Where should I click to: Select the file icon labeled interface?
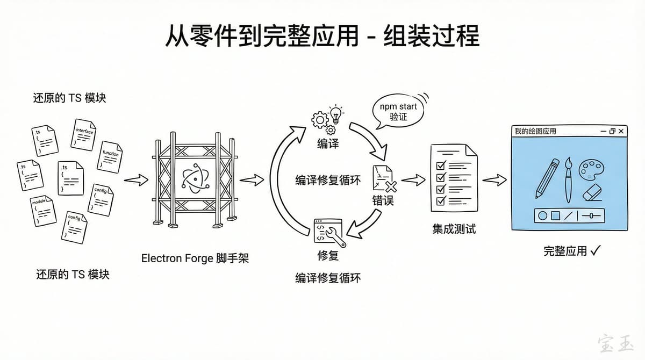[85, 134]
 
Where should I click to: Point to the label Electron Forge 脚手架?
[195, 258]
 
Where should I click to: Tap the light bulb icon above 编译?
[336, 114]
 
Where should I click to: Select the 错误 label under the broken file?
[383, 201]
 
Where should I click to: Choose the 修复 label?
[328, 255]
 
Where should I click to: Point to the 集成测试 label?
[454, 229]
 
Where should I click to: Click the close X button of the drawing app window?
[621, 131]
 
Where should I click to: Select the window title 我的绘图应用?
[535, 131]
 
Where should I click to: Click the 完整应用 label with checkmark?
[571, 250]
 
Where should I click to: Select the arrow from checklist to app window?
[494, 181]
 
